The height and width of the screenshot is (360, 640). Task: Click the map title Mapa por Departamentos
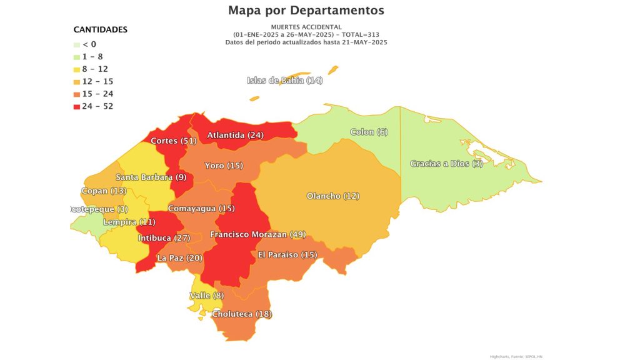click(x=306, y=11)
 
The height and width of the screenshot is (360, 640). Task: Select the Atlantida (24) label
click(x=236, y=135)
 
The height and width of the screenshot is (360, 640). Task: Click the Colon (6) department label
click(x=369, y=132)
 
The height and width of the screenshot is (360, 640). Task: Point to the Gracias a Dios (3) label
click(x=446, y=164)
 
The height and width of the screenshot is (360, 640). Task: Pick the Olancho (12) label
click(x=333, y=196)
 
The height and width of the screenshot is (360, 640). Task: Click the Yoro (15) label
click(x=224, y=166)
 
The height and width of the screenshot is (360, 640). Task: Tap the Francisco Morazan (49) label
click(x=257, y=234)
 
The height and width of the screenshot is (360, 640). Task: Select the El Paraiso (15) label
click(x=287, y=255)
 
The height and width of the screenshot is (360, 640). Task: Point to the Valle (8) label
click(x=206, y=296)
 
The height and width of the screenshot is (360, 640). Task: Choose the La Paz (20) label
click(x=180, y=257)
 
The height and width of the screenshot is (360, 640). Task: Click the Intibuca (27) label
click(x=164, y=238)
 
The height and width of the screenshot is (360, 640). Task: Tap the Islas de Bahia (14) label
click(x=285, y=80)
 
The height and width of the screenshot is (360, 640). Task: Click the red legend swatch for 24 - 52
click(x=77, y=106)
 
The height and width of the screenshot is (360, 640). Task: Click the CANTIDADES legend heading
click(x=101, y=29)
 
